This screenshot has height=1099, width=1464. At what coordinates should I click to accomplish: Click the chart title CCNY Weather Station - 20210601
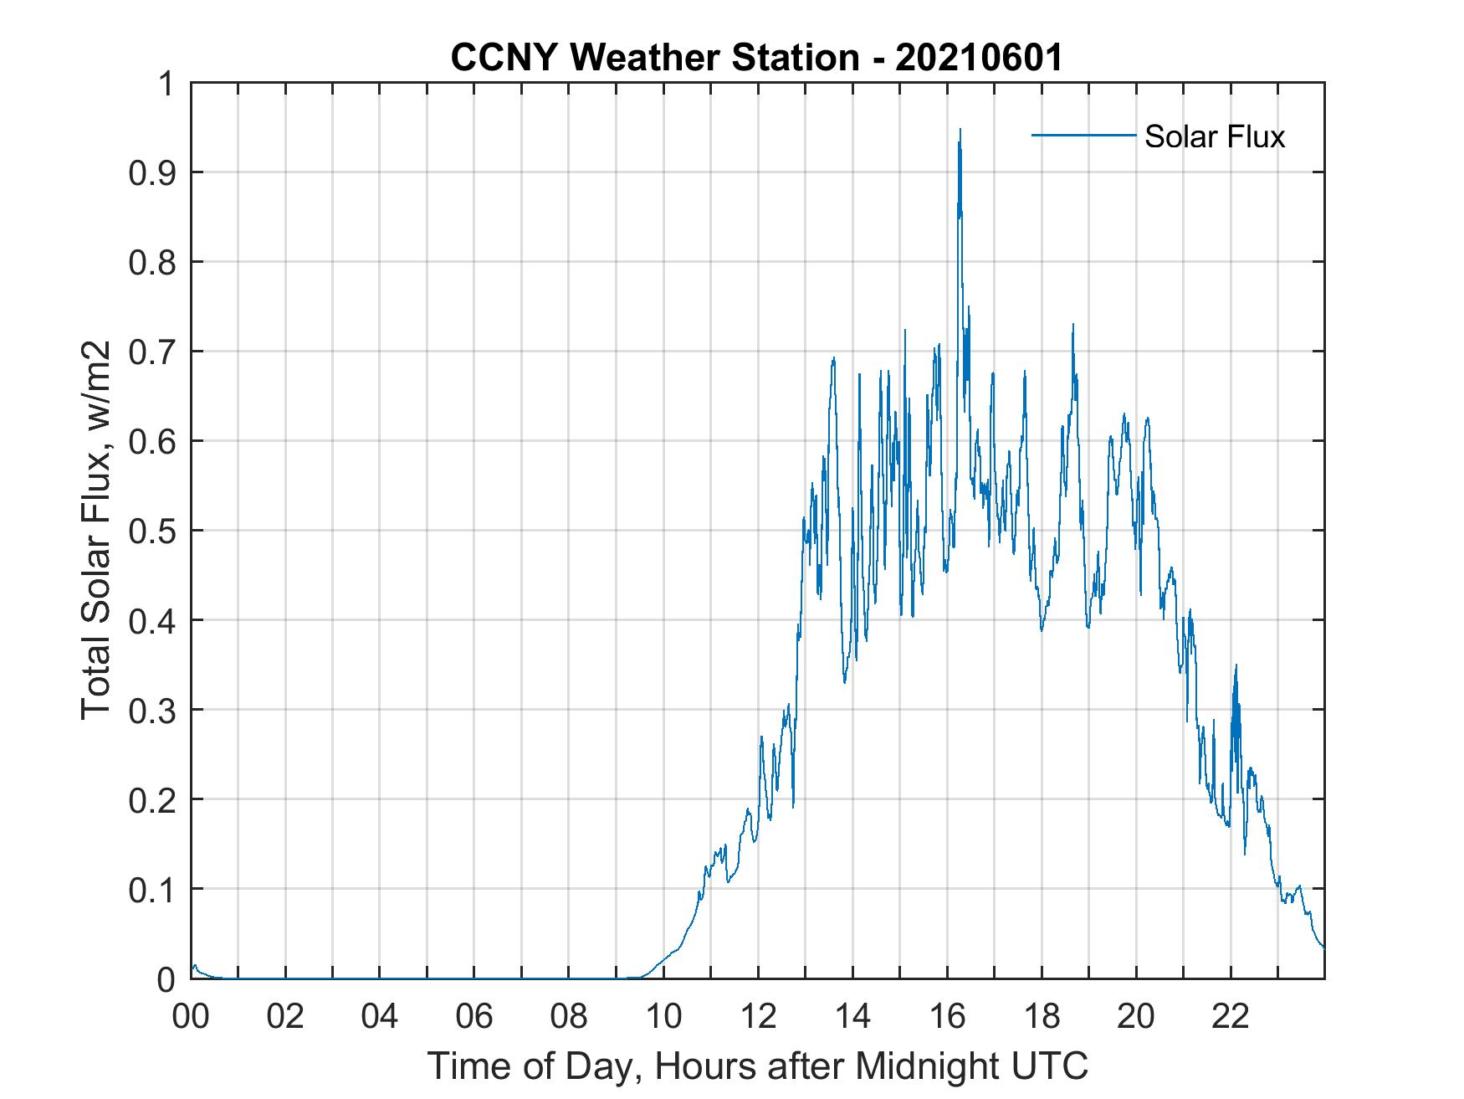[756, 58]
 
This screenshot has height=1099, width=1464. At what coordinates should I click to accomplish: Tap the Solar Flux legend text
[1214, 136]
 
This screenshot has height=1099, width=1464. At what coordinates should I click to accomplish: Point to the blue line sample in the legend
[1083, 135]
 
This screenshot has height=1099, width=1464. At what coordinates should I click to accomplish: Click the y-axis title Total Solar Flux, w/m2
[96, 530]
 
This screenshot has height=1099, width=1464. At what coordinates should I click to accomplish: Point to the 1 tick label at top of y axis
[167, 84]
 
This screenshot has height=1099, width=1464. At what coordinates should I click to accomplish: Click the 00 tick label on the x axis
[191, 1016]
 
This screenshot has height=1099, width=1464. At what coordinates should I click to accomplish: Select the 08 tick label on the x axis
[569, 1016]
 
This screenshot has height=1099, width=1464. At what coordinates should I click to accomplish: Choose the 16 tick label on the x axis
[947, 1016]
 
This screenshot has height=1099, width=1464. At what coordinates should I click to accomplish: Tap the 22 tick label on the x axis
[1231, 1016]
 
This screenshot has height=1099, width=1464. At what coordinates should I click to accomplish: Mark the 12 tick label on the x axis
[758, 1016]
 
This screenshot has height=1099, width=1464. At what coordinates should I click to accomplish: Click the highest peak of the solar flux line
[960, 131]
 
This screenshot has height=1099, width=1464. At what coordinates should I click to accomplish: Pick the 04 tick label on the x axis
[380, 1016]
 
